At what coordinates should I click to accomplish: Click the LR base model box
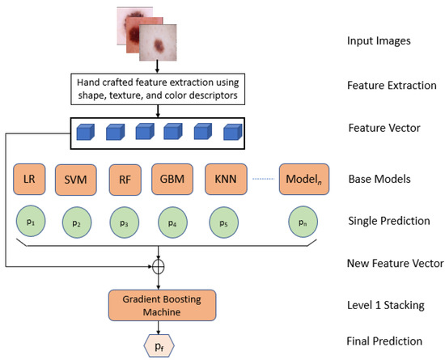28,178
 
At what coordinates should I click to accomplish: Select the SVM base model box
74,178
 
